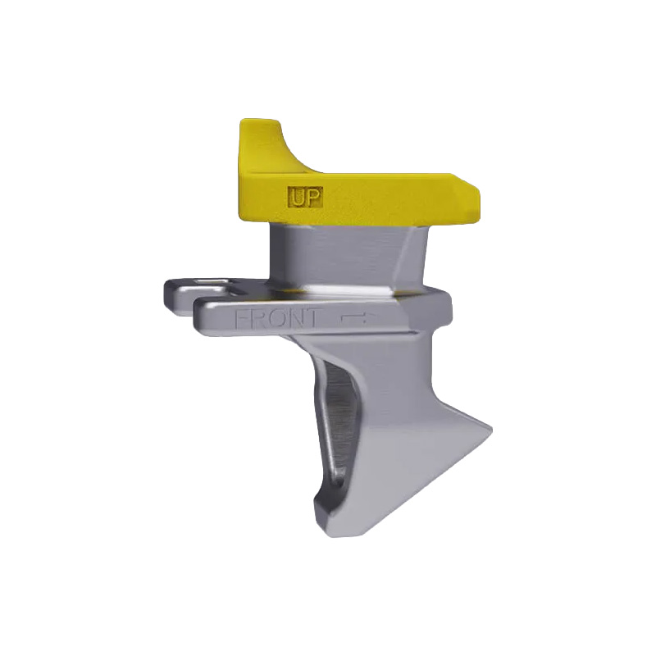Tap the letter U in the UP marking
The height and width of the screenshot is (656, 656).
point(298,197)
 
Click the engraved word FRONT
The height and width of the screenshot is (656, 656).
point(278,318)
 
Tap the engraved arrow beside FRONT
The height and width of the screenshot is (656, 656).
point(355,317)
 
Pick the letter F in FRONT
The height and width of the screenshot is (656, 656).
point(243,318)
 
